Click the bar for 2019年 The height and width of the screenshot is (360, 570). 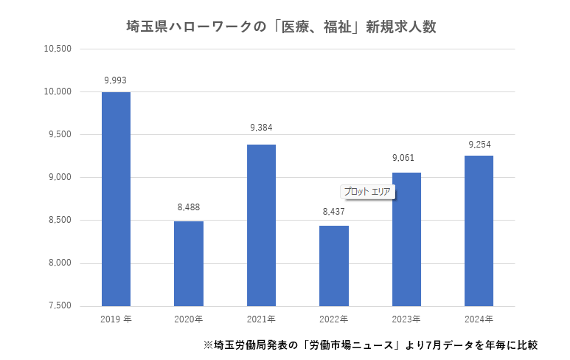click(116, 199)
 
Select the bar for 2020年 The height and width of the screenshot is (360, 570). click(189, 263)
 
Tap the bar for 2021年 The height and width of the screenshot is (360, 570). click(261, 225)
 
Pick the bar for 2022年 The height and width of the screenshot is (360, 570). click(334, 266)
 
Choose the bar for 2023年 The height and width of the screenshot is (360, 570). click(406, 239)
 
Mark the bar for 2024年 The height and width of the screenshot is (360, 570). click(479, 231)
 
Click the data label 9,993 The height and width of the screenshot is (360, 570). click(116, 80)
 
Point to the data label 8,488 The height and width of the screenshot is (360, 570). click(189, 208)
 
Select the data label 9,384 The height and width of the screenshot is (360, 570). click(261, 128)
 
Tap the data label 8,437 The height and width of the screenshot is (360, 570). click(334, 212)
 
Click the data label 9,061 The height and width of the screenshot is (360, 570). click(406, 157)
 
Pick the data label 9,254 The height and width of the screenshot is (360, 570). click(479, 142)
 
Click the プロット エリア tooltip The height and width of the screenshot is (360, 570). click(367, 192)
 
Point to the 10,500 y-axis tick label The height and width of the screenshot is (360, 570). click(57, 49)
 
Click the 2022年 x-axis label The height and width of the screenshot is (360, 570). click(334, 319)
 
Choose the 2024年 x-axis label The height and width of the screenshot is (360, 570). click(479, 319)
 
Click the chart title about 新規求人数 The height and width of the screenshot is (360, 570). click(282, 27)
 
